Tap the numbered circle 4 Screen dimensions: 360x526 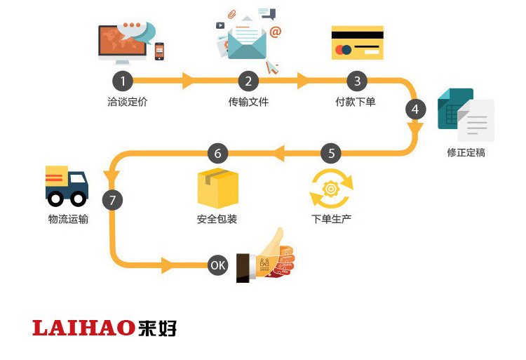coord(415,109)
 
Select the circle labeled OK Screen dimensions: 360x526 coord(218,265)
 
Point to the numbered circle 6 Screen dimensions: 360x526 coord(217,152)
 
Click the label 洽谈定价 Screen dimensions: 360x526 coord(128,102)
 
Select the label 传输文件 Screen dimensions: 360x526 coord(248,102)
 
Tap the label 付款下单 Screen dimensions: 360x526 coord(356,102)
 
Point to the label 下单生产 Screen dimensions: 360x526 coord(331,219)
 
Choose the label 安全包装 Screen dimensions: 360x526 coord(217,219)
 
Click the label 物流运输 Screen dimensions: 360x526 coord(68,219)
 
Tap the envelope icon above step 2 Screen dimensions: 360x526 coord(247,41)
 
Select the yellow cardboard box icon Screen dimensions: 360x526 coord(218,187)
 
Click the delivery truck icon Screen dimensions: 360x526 coord(67,185)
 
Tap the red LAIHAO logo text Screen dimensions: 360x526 coord(83,328)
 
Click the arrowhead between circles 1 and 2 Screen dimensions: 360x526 coord(187,81)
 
